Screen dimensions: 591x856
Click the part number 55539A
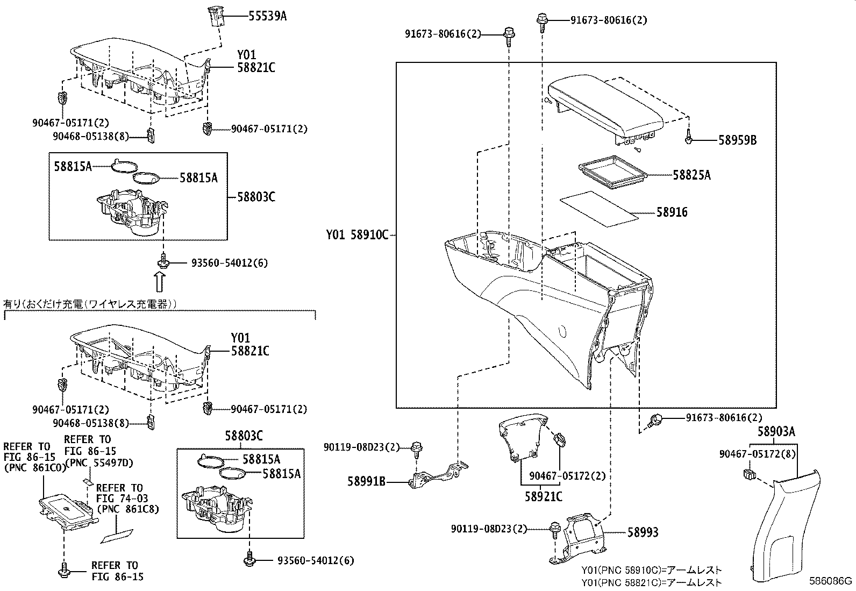(x=267, y=16)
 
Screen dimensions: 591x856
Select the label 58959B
(x=737, y=140)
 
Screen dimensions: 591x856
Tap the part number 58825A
(x=691, y=175)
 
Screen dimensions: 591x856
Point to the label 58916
(x=672, y=212)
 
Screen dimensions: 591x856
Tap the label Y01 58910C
(x=356, y=235)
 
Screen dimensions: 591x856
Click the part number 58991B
(x=366, y=482)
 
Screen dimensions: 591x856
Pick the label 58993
(x=643, y=532)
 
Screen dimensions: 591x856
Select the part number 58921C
(x=543, y=496)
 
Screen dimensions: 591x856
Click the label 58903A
(x=776, y=431)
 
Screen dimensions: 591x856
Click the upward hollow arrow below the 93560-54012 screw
(x=160, y=281)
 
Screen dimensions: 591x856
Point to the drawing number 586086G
(x=831, y=581)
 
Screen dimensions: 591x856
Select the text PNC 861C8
(x=127, y=509)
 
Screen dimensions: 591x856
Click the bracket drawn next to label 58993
(x=578, y=538)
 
